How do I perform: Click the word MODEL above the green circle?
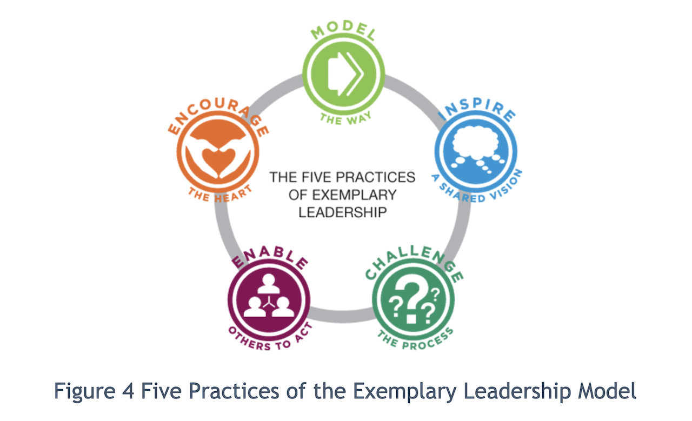click(x=343, y=30)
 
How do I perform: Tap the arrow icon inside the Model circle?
click(x=345, y=74)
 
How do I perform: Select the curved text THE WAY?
click(x=345, y=119)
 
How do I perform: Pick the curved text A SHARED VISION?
click(x=477, y=189)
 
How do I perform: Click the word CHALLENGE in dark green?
click(x=414, y=262)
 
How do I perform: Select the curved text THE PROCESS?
click(x=416, y=340)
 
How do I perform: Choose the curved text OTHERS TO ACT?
click(x=270, y=338)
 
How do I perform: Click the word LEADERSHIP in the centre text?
click(x=343, y=212)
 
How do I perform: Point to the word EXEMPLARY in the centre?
click(x=354, y=195)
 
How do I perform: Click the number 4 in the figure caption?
click(x=128, y=391)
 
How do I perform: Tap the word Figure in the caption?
click(x=85, y=391)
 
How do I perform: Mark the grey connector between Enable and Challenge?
click(x=341, y=316)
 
